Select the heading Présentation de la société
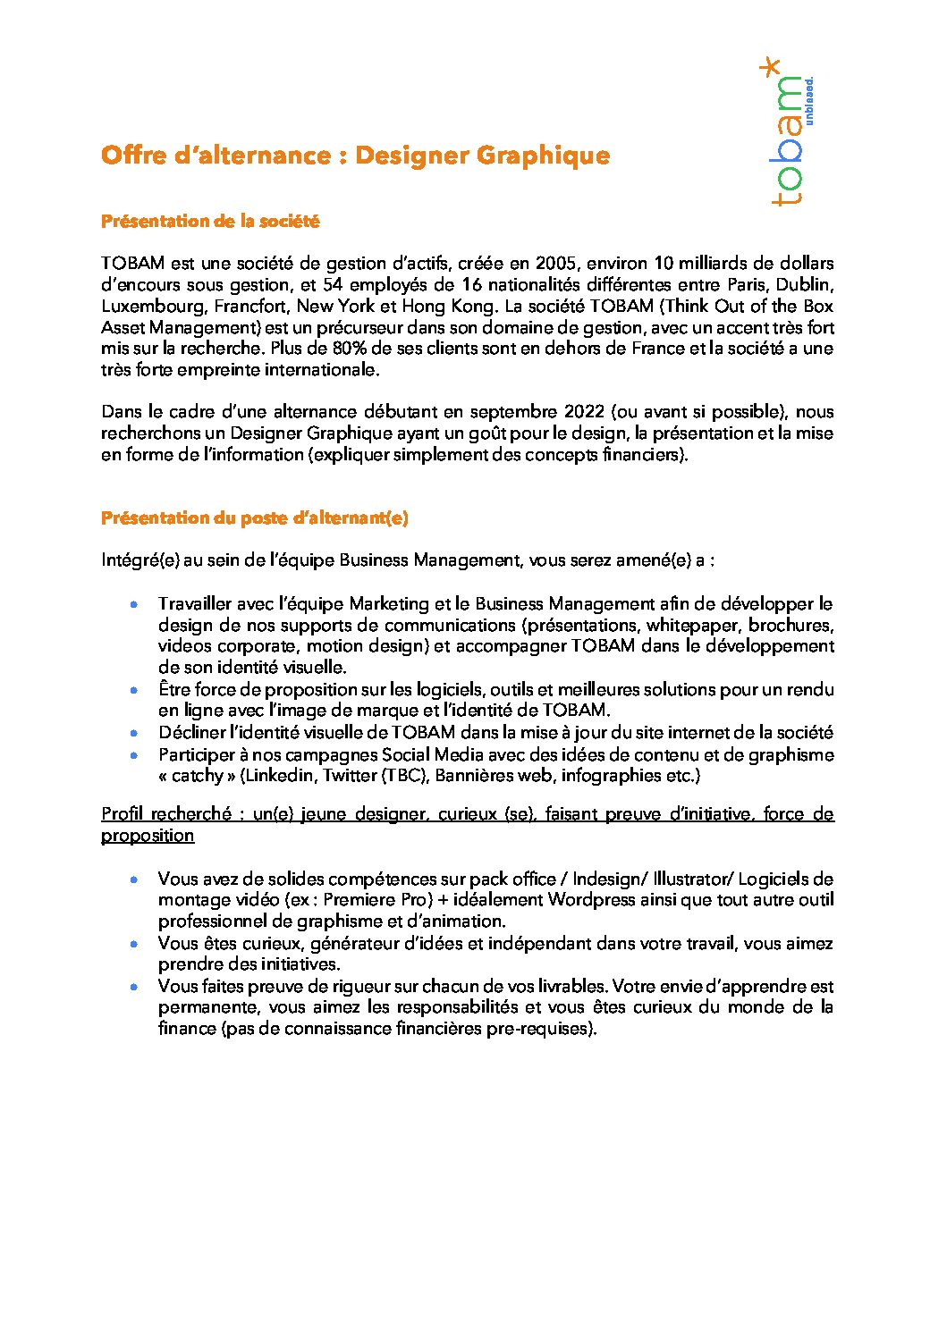210,221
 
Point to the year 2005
555,264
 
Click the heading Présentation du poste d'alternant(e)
255,518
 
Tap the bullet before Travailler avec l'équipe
134,605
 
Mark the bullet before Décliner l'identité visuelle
134,733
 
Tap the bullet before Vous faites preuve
134,987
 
